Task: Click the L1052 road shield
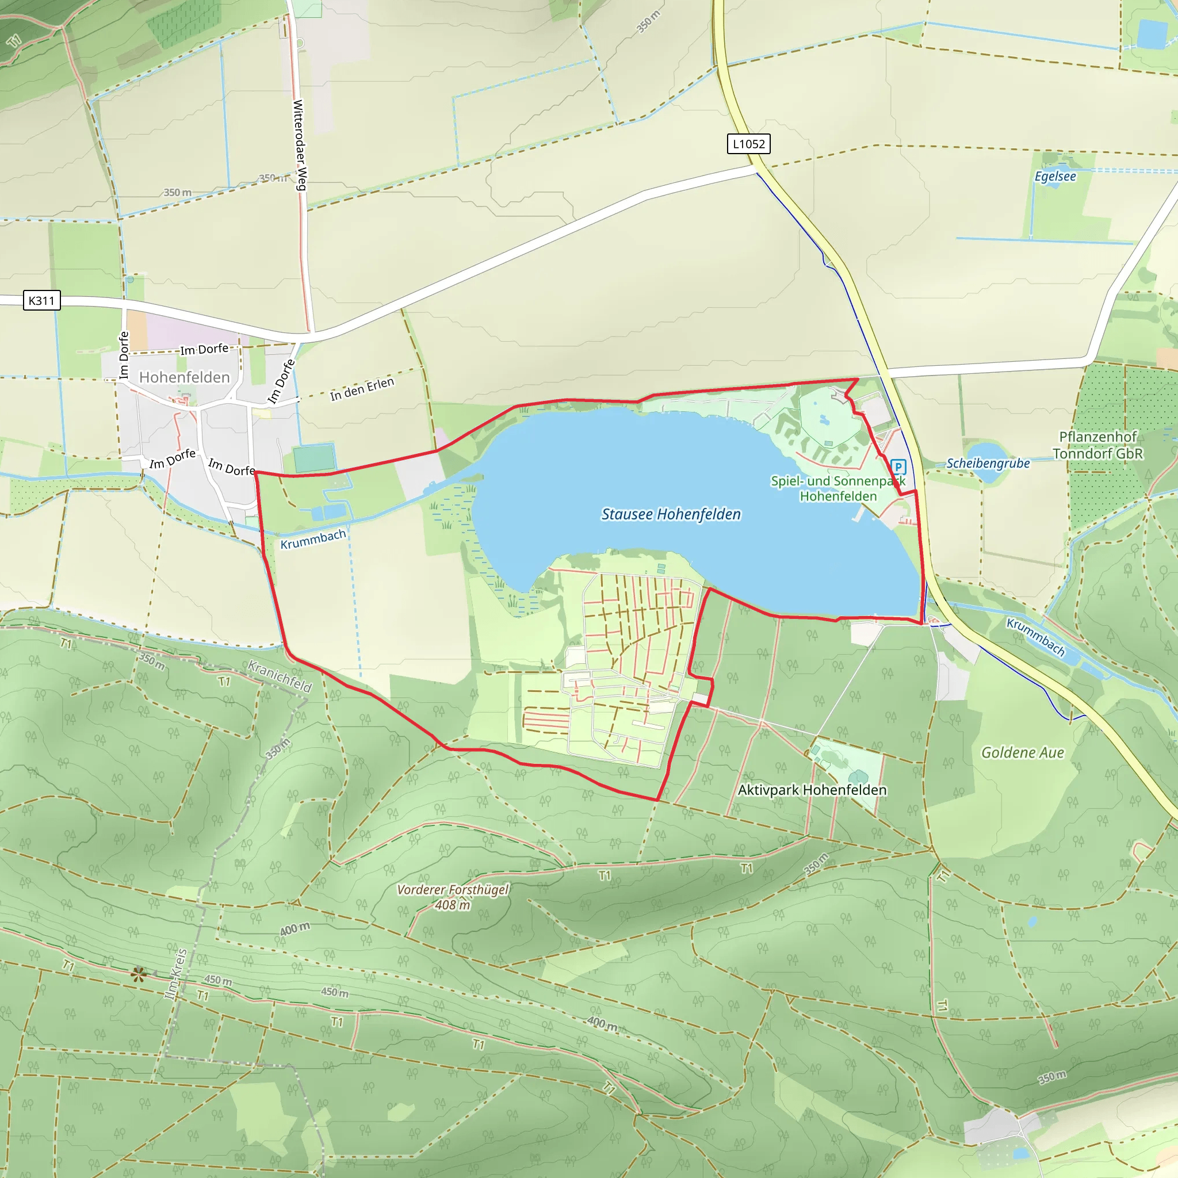(x=748, y=144)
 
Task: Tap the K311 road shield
(x=41, y=301)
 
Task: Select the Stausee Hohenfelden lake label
(x=671, y=514)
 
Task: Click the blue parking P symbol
(x=898, y=467)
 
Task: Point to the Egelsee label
(x=1055, y=176)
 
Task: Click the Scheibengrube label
(x=988, y=464)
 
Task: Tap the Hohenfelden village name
(x=184, y=377)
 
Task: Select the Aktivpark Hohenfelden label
(x=812, y=790)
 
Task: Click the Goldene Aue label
(x=1022, y=752)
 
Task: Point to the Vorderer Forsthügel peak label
(x=453, y=890)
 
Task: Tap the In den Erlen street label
(x=362, y=389)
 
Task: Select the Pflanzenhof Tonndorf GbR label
(x=1097, y=445)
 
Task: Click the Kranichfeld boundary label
(x=280, y=676)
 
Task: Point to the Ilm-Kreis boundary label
(x=176, y=974)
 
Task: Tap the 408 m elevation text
(x=453, y=905)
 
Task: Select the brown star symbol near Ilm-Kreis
(x=139, y=974)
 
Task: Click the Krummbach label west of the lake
(x=313, y=539)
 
